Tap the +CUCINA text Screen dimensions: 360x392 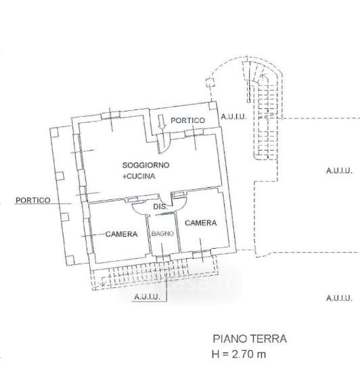pyautogui.click(x=139, y=176)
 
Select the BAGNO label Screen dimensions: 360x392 pyautogui.click(x=162, y=233)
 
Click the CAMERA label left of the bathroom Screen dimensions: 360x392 pyautogui.click(x=121, y=234)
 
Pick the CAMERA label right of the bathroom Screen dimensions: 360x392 pyautogui.click(x=201, y=223)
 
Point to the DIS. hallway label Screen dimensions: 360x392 pyautogui.click(x=160, y=207)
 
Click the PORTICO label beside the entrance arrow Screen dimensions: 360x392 pyautogui.click(x=187, y=120)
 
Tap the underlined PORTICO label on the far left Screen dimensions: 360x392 pyautogui.click(x=32, y=200)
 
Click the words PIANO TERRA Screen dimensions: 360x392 pyautogui.click(x=250, y=339)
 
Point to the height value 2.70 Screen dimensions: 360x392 pyautogui.click(x=242, y=354)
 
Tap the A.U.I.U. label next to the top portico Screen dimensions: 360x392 pyautogui.click(x=234, y=117)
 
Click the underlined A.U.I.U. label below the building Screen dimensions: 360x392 pyautogui.click(x=147, y=297)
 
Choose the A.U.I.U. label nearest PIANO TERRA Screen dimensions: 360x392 pyautogui.click(x=339, y=298)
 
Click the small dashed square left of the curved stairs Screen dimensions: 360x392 pyautogui.click(x=210, y=82)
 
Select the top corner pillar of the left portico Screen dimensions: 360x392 pyautogui.click(x=54, y=132)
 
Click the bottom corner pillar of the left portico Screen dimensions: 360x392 pyautogui.click(x=70, y=260)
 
